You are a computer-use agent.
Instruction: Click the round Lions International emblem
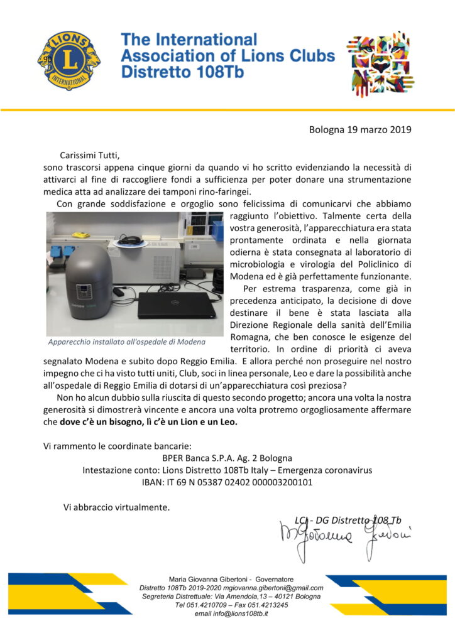pyautogui.click(x=69, y=60)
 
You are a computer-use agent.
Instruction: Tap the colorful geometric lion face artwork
pyautogui.click(x=380, y=62)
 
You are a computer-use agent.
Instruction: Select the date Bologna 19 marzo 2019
pyautogui.click(x=360, y=130)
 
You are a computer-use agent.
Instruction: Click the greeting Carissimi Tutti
pyautogui.click(x=89, y=154)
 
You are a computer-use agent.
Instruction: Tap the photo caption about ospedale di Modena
pyautogui.click(x=126, y=343)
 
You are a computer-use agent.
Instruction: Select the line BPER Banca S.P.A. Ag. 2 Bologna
pyautogui.click(x=227, y=458)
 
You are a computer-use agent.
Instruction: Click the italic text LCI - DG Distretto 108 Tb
pyautogui.click(x=348, y=520)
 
